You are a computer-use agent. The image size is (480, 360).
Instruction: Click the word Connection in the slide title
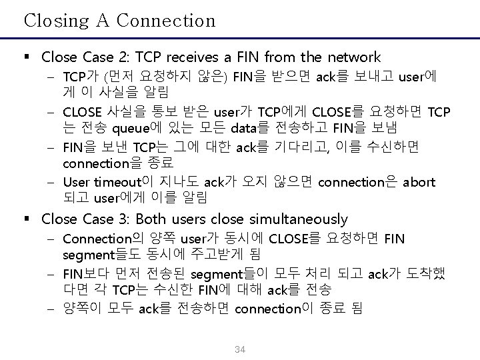[x=167, y=21]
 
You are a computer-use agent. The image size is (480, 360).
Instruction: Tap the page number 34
[x=240, y=349]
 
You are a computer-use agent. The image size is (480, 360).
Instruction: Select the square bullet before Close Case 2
[x=28, y=58]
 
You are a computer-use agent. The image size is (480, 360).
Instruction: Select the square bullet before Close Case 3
[x=28, y=219]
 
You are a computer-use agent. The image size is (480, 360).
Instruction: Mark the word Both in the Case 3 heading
[x=153, y=219]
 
